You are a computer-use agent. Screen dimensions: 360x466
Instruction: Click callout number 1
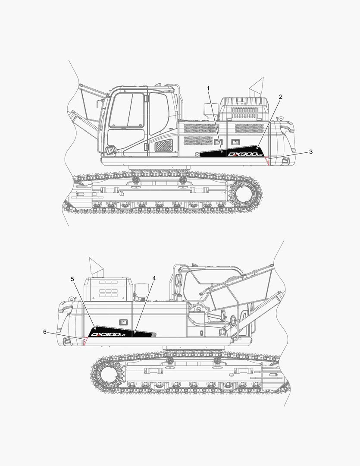point(208,88)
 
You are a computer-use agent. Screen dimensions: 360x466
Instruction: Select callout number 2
point(280,97)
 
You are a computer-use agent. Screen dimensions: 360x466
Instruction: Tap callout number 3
point(311,151)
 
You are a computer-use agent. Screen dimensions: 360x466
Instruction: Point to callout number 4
point(154,278)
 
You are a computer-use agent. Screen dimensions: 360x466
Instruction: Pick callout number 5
point(72,279)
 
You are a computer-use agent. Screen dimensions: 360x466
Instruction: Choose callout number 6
point(45,332)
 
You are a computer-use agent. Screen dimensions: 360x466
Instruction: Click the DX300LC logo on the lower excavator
point(108,334)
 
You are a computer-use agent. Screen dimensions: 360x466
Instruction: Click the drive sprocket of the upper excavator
point(245,195)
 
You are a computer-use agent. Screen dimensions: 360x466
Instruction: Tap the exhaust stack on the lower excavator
point(96,268)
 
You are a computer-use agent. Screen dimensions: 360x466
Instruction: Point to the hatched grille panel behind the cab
point(163,146)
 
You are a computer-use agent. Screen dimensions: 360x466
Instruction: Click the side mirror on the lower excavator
point(178,280)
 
